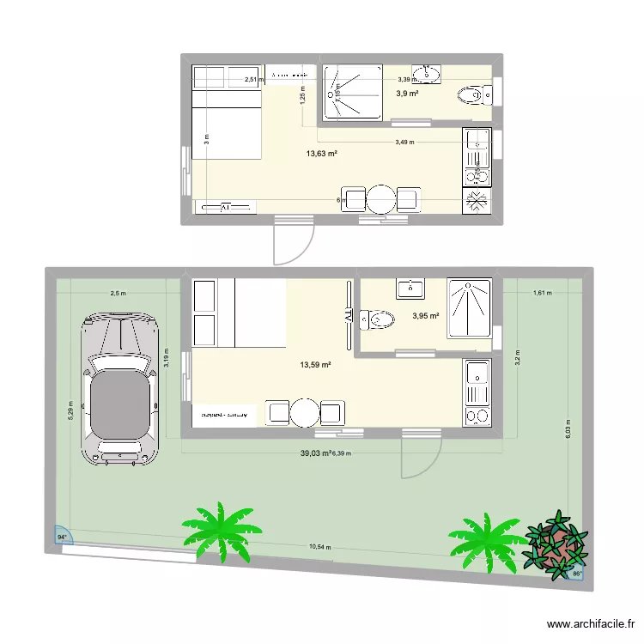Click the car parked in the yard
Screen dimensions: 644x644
coord(120,388)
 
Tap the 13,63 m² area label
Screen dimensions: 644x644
coord(321,155)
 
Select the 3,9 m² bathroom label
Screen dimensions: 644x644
coord(407,94)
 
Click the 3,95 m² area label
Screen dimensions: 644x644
coord(426,316)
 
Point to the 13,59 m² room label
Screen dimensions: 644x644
coord(315,365)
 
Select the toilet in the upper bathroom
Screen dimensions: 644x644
coord(471,94)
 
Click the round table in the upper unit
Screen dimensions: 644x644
coord(380,199)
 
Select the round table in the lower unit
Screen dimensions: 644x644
coord(304,413)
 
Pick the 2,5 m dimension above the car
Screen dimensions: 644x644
coord(118,293)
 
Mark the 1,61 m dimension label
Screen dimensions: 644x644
coord(542,293)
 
